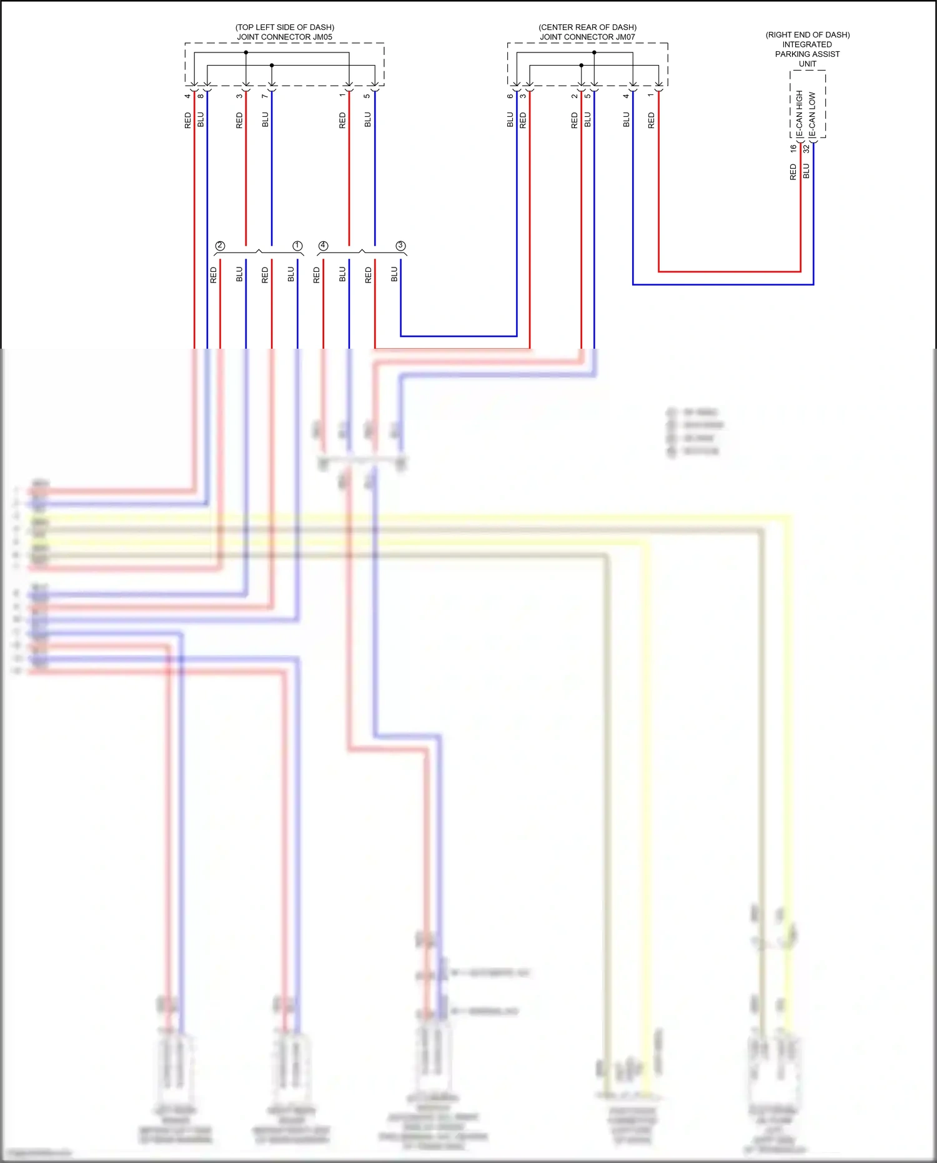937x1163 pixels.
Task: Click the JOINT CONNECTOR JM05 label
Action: [x=284, y=37]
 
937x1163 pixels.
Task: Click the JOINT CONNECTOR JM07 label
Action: [x=587, y=37]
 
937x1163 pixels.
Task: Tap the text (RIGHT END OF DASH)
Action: [x=807, y=35]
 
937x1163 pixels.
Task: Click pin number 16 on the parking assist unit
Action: [x=793, y=149]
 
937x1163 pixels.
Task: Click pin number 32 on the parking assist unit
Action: [x=806, y=149]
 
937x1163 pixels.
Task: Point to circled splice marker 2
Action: [x=220, y=246]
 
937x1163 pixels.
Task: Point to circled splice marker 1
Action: [x=297, y=246]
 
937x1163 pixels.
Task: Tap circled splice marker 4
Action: [x=323, y=246]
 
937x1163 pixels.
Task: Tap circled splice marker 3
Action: [x=400, y=246]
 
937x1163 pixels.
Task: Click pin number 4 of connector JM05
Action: [x=187, y=96]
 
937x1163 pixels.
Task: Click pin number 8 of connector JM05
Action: [x=201, y=96]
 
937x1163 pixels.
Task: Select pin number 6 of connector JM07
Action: [x=510, y=96]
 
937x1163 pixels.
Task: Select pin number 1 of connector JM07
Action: [x=651, y=96]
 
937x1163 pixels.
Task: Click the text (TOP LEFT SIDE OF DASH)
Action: [x=284, y=27]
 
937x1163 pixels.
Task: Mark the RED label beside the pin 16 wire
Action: [x=793, y=172]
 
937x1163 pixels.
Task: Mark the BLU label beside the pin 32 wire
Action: [x=806, y=171]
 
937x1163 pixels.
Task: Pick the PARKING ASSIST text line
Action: [x=807, y=54]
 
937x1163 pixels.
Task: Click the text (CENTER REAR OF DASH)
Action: [x=587, y=27]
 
